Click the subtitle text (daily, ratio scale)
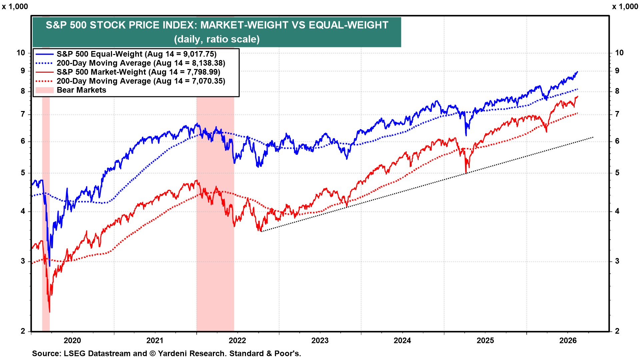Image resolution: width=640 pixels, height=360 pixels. click(x=217, y=39)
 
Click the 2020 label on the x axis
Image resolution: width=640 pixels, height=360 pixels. click(x=72, y=340)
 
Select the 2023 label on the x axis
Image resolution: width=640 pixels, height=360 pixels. click(x=320, y=340)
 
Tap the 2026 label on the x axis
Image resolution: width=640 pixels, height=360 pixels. click(x=568, y=340)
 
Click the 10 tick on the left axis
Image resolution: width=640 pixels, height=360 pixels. click(x=21, y=53)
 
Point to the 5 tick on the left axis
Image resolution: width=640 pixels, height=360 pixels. click(x=23, y=173)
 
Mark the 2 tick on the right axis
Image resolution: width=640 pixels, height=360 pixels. click(x=617, y=331)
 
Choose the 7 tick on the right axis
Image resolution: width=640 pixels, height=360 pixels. click(x=617, y=114)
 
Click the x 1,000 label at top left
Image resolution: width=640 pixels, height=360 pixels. click(x=15, y=7)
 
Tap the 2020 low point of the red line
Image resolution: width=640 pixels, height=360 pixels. click(x=50, y=312)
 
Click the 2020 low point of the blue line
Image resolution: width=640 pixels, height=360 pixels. click(x=50, y=266)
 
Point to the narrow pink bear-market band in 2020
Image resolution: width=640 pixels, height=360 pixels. click(x=46, y=213)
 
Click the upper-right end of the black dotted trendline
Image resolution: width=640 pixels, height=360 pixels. click(x=593, y=137)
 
